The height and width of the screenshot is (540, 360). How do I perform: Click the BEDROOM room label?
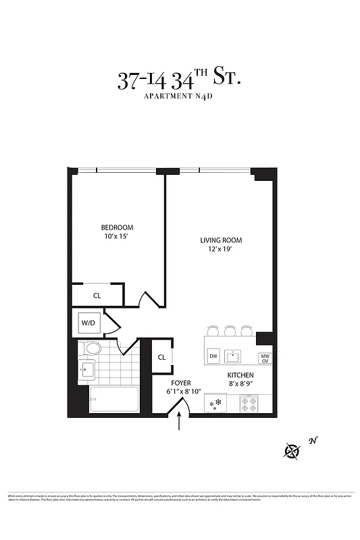(x=117, y=227)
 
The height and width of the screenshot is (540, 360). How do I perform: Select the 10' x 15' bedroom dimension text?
(x=117, y=237)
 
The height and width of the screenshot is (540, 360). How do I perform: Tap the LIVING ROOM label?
(x=220, y=240)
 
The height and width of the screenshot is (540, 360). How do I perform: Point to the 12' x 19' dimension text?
(x=220, y=250)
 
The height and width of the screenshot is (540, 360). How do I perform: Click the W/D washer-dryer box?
(x=89, y=323)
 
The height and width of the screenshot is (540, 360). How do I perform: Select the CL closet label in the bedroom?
(x=97, y=295)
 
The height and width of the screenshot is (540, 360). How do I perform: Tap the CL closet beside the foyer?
(x=162, y=358)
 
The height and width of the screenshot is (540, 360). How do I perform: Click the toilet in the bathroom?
(x=89, y=349)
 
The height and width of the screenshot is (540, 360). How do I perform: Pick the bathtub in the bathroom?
(x=113, y=399)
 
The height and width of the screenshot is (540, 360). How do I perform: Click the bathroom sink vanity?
(x=87, y=370)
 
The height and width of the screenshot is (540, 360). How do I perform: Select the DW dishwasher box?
(x=213, y=356)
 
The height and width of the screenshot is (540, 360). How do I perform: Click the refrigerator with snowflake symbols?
(x=217, y=404)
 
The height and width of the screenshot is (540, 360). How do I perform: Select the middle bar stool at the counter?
(x=230, y=331)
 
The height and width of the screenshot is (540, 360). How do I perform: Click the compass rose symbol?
(x=292, y=450)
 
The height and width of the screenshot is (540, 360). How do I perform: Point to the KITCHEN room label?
(x=240, y=375)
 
